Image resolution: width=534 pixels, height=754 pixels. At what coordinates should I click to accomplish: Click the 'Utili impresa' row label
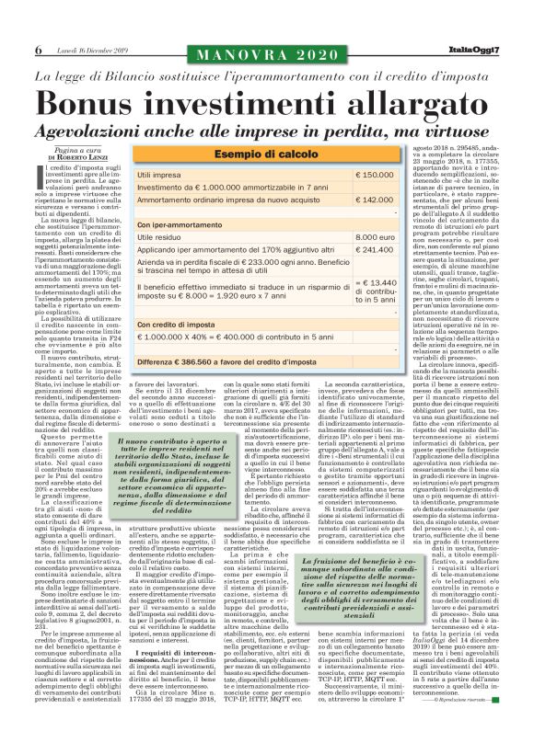159,174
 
